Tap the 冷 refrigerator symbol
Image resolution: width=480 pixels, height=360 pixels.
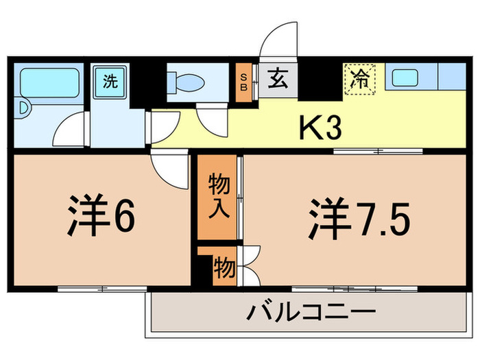tap(360, 77)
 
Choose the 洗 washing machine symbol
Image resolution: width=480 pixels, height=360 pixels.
tap(110, 81)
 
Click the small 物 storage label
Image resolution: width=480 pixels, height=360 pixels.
tap(224, 265)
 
